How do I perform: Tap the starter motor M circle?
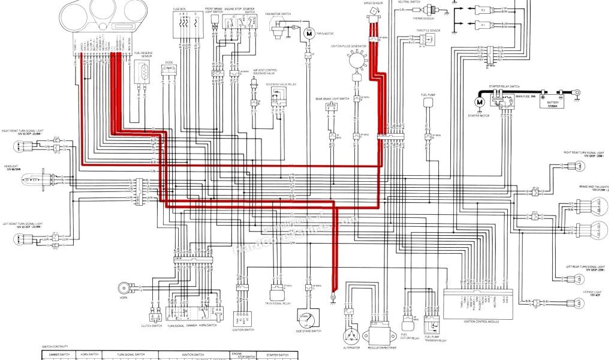pyautogui.click(x=480, y=103)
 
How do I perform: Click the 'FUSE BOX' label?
pyautogui.click(x=179, y=8)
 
